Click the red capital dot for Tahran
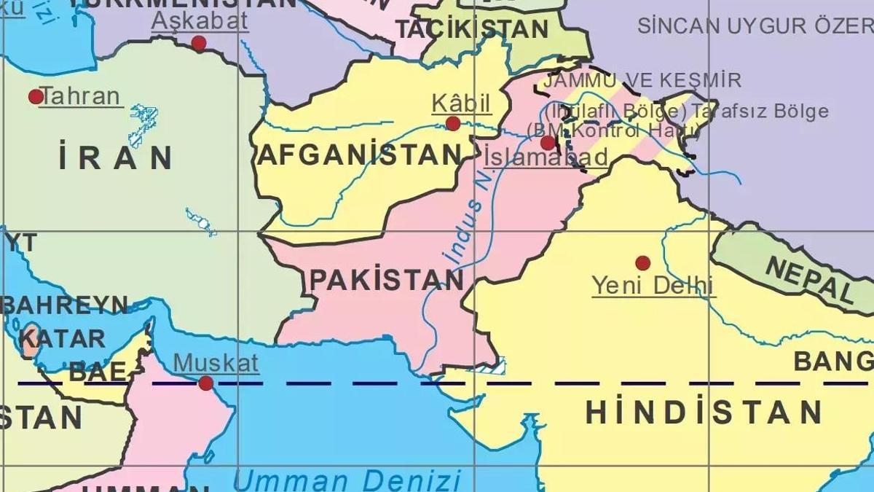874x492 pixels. [35, 96]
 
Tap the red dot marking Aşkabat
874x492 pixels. [198, 43]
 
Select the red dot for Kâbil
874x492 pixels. [453, 123]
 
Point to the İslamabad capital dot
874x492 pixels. [548, 143]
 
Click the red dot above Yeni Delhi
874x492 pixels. [642, 262]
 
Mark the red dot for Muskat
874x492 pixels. [206, 383]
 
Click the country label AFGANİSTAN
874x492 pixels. [361, 155]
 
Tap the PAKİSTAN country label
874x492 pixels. [387, 279]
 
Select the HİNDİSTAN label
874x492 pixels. [704, 413]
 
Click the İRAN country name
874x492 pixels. [116, 158]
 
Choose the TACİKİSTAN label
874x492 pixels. [472, 29]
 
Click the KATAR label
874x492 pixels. [63, 338]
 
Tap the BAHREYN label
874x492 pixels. [64, 305]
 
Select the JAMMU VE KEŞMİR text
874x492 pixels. [642, 80]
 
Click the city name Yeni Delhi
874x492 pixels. [653, 285]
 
